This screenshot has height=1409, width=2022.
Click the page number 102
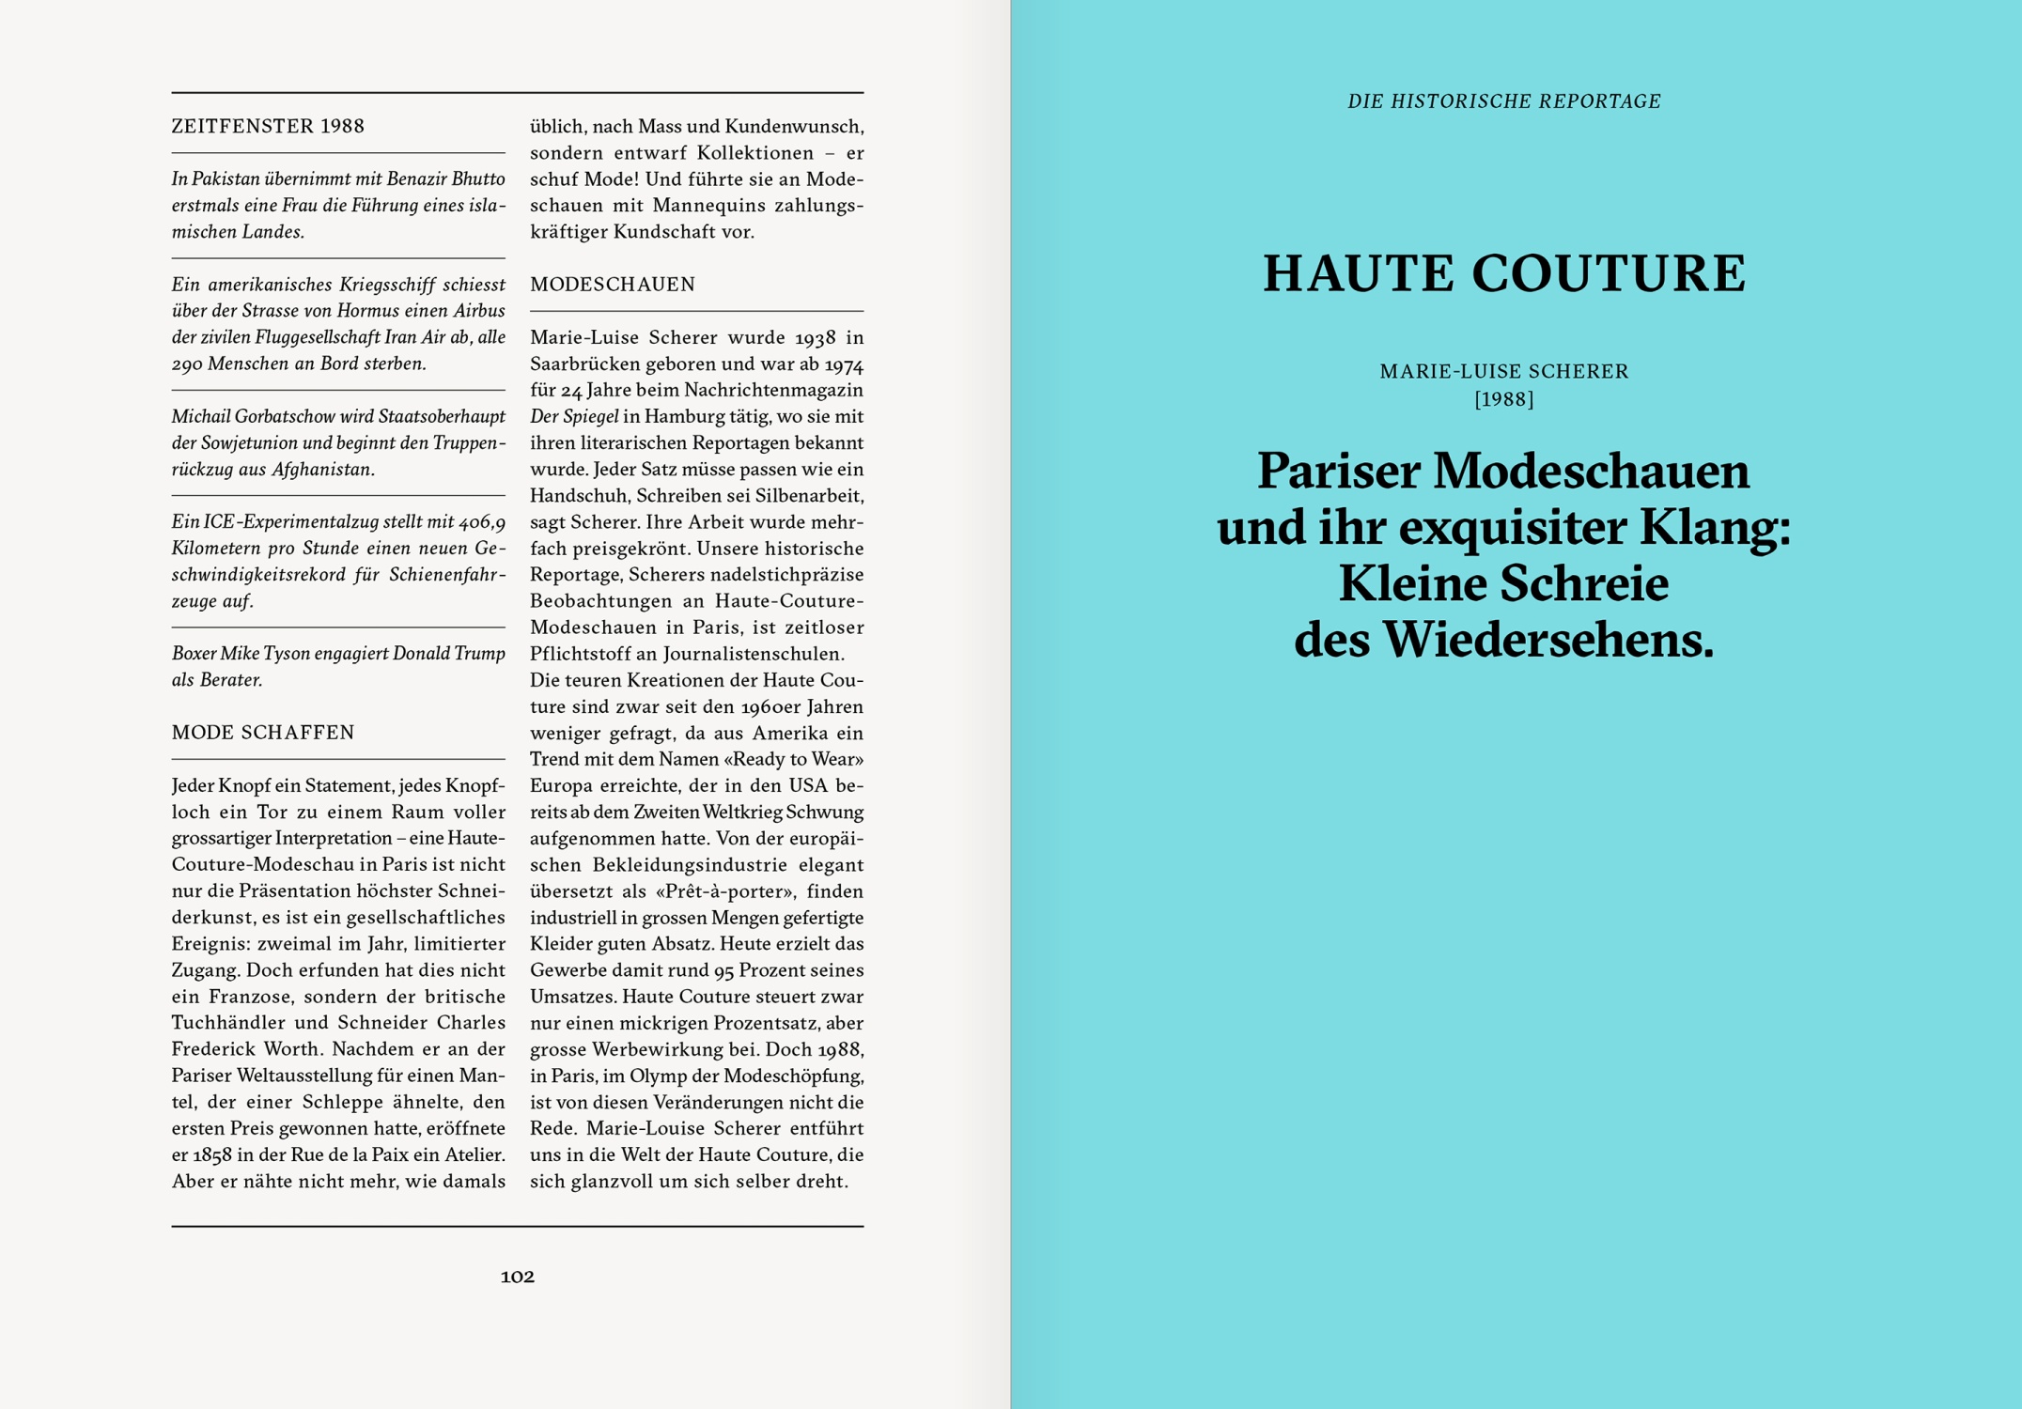click(x=517, y=1277)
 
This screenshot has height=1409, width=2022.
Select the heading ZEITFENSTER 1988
click(x=268, y=126)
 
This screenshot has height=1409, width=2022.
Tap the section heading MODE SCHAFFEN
click(x=263, y=733)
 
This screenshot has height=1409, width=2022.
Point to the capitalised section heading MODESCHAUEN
click(x=613, y=285)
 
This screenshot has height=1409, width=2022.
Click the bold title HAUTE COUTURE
click(x=1503, y=274)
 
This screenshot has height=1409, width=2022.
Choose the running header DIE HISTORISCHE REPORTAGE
click(x=1503, y=101)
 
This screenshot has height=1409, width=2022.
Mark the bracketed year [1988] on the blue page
click(x=1503, y=399)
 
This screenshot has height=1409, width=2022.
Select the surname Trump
click(x=480, y=654)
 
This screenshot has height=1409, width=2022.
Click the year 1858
click(x=212, y=1155)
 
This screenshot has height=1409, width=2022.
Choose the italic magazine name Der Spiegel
click(x=574, y=417)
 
